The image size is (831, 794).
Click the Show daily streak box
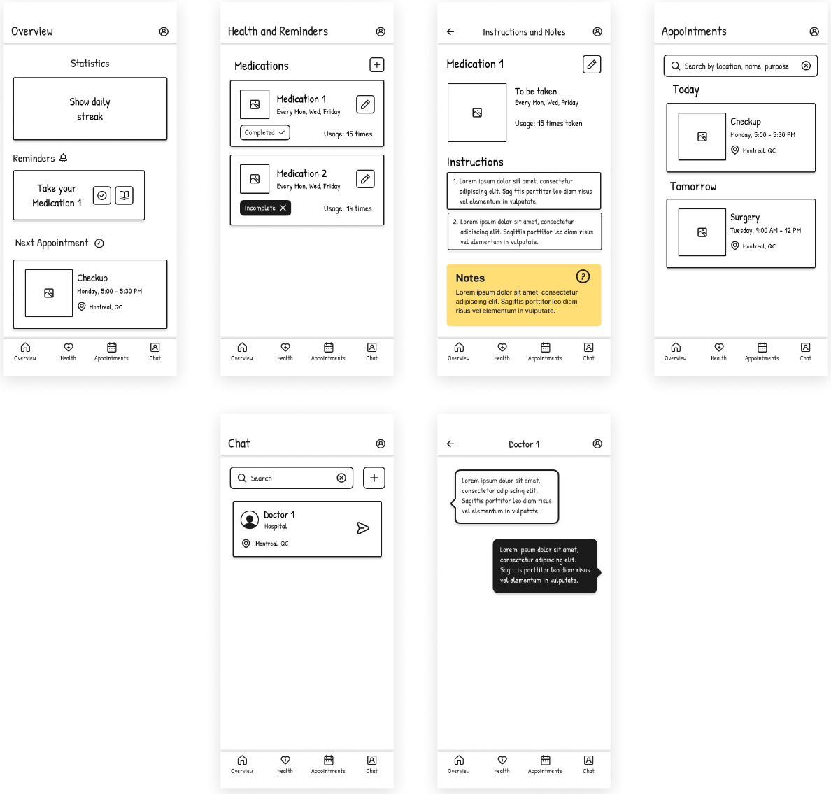pyautogui.click(x=90, y=109)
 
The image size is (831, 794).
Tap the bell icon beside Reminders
pyautogui.click(x=63, y=158)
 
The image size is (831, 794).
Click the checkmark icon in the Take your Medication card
pyautogui.click(x=102, y=196)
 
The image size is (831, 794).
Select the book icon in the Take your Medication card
pyautogui.click(x=124, y=196)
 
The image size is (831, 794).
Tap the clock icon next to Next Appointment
pyautogui.click(x=99, y=243)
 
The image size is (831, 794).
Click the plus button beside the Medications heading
pyautogui.click(x=376, y=65)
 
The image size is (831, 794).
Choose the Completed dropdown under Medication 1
pyautogui.click(x=264, y=132)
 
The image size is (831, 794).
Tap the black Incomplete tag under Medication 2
pyautogui.click(x=265, y=208)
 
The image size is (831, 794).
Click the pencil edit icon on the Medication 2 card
pyautogui.click(x=365, y=179)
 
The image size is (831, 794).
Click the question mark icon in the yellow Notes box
pyautogui.click(x=583, y=276)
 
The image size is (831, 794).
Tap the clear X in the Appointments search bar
pyautogui.click(x=806, y=66)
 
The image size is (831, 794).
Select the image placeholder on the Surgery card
pyautogui.click(x=702, y=232)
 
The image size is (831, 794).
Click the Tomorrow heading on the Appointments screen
pyautogui.click(x=692, y=187)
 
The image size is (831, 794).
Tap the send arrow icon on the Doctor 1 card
pyautogui.click(x=363, y=528)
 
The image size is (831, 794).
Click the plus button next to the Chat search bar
pyautogui.click(x=374, y=478)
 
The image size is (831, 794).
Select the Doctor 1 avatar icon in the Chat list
pyautogui.click(x=250, y=520)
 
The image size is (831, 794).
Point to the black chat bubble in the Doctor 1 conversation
pyautogui.click(x=545, y=565)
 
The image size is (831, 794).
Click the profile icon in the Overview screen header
pyautogui.click(x=164, y=31)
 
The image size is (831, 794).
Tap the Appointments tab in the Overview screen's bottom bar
pyautogui.click(x=111, y=351)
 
